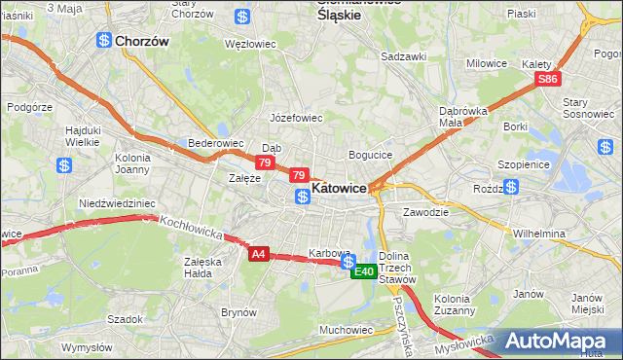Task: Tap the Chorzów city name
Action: click(x=142, y=42)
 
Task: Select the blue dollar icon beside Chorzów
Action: click(x=103, y=40)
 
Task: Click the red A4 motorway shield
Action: click(x=258, y=254)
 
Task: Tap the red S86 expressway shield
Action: click(x=548, y=79)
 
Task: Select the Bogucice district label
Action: click(x=370, y=155)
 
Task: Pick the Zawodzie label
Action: click(x=425, y=211)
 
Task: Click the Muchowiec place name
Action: click(x=346, y=330)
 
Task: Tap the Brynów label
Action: click(x=238, y=312)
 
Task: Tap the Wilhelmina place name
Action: click(x=539, y=234)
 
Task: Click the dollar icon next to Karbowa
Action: click(x=348, y=261)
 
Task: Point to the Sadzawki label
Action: click(x=404, y=56)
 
